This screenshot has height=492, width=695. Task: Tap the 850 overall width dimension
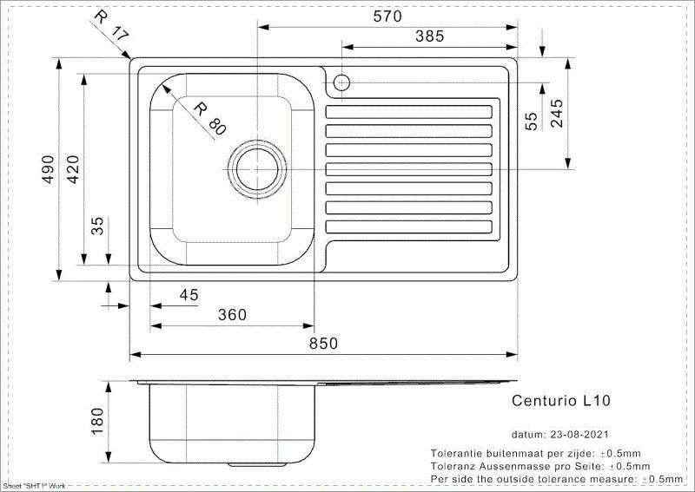[322, 344]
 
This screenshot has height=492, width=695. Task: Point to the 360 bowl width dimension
[232, 314]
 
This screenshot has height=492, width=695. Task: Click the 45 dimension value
[189, 295]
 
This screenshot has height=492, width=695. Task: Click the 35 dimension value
[97, 227]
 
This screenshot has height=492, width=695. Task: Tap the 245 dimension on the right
[557, 111]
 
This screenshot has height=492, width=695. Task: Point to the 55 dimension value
[533, 121]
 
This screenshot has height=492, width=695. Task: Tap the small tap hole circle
[341, 83]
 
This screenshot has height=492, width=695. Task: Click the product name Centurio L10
[561, 401]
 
